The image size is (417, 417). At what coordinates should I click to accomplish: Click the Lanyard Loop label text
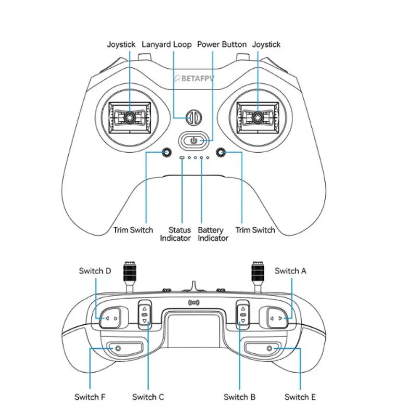166,44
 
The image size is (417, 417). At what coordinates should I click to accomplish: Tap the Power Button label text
222,44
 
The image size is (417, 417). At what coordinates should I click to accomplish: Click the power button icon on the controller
194,140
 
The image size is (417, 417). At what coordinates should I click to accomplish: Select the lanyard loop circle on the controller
194,117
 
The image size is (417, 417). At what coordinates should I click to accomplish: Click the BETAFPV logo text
194,79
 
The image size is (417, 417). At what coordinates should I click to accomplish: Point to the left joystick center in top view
129,117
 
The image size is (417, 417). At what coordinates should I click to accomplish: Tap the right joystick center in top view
257,117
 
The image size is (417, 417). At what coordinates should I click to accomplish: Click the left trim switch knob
166,152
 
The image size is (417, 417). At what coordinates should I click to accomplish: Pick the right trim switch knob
220,152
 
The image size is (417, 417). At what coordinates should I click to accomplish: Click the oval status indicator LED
182,157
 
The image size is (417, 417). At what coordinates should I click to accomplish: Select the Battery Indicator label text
213,234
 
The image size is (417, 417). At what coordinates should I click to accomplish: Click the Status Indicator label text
176,234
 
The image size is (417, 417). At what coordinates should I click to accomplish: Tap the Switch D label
95,271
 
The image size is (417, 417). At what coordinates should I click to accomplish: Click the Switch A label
290,271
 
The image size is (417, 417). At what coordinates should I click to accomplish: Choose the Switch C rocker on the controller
145,315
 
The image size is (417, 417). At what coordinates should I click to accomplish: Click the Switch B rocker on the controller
243,315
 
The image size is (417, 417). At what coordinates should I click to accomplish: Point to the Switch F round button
118,348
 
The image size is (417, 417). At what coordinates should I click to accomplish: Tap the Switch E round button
269,348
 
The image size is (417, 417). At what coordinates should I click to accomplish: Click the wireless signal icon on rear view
193,303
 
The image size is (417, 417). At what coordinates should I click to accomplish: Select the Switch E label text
300,397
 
